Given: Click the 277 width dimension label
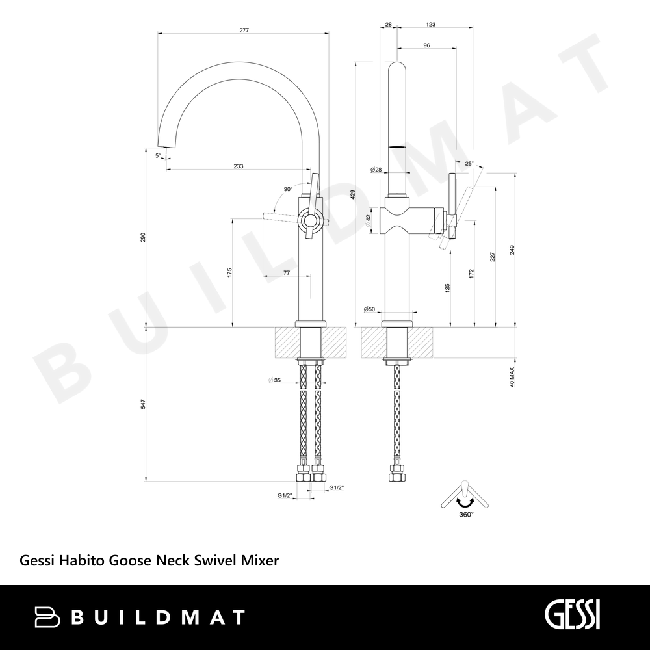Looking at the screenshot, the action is [244, 30].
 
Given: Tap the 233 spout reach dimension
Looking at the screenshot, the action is [239, 166].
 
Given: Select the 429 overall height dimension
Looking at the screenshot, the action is [353, 195].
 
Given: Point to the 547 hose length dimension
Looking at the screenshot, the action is [142, 404].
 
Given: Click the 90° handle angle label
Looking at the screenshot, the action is [288, 189].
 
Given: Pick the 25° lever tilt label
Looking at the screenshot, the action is [469, 163].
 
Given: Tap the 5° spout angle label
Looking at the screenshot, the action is [158, 155].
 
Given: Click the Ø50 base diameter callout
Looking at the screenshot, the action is [369, 309].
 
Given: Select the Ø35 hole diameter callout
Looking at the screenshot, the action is [274, 380].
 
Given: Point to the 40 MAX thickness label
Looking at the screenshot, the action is [512, 377].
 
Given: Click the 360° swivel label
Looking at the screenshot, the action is [466, 514].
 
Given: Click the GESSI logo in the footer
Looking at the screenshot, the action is [572, 616].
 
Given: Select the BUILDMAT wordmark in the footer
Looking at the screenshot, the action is [140, 617].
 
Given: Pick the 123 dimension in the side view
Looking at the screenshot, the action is [431, 25].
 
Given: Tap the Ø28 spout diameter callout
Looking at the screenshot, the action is [376, 170].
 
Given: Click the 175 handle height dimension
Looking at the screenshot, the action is [229, 273].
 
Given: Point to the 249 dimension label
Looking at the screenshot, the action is [512, 250].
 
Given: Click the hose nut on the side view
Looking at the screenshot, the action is [397, 473].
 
